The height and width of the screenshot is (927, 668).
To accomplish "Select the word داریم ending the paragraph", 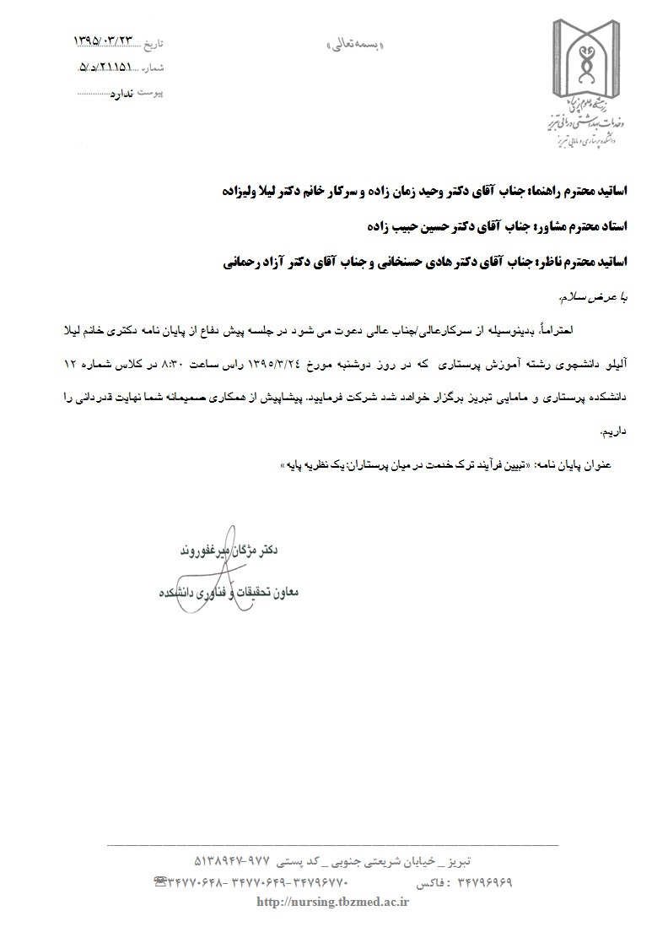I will point(614,431).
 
